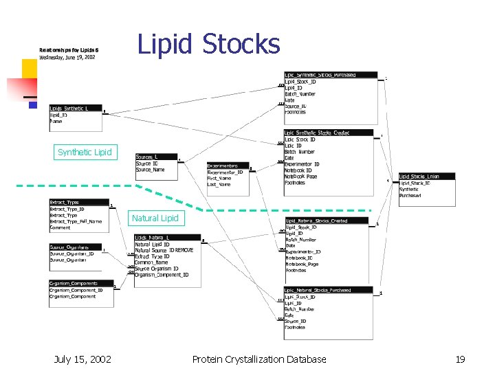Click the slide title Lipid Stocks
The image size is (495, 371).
coord(209,43)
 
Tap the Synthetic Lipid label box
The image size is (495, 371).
coord(84,152)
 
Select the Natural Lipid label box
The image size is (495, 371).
coord(155,218)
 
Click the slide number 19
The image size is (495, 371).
coord(460,359)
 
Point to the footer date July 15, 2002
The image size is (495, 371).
coord(82,359)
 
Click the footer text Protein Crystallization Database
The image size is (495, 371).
coord(259,359)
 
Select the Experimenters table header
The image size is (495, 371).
coord(228,166)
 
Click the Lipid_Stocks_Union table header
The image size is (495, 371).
coord(426,177)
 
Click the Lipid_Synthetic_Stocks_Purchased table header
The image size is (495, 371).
coord(330,75)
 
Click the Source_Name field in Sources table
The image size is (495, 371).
coord(151,170)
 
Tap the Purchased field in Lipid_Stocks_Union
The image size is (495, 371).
coord(410,196)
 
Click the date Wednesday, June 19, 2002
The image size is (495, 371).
coord(67,58)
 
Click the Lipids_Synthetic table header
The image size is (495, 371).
coord(74,109)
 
